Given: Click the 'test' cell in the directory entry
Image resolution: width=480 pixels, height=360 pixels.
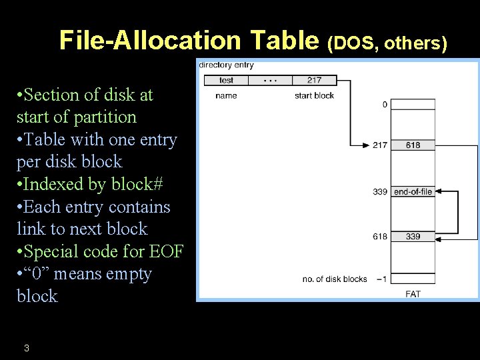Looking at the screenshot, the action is [x=226, y=81].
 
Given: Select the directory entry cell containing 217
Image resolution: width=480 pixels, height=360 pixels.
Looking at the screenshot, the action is [x=314, y=81].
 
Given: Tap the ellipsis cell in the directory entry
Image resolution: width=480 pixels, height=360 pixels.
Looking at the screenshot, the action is [x=270, y=81].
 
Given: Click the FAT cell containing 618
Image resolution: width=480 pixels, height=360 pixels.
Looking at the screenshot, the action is [x=413, y=145].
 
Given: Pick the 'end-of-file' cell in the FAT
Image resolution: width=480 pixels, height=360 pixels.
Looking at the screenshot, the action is [x=413, y=192].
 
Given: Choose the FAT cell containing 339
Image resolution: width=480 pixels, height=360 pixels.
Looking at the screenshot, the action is [x=413, y=237].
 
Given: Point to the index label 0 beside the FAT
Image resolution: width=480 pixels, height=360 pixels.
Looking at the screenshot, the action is [x=385, y=105].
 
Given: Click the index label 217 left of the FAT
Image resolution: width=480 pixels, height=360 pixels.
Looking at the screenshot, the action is [x=380, y=145].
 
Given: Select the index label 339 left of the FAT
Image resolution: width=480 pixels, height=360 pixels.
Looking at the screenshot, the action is [x=380, y=192].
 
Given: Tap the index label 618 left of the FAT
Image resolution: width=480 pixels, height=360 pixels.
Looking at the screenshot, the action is [x=380, y=237].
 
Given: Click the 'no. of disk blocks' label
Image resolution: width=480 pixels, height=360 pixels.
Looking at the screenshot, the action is [x=335, y=279].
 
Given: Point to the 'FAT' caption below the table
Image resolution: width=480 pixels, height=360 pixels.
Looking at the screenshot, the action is [x=413, y=294].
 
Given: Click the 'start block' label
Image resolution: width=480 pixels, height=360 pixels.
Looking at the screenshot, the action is [x=314, y=96].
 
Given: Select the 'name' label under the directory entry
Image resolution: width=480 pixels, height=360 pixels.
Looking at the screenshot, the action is [x=226, y=96].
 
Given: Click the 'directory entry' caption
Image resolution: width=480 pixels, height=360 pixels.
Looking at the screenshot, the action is [x=226, y=65].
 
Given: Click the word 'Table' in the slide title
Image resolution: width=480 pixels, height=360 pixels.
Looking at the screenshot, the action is [x=284, y=40].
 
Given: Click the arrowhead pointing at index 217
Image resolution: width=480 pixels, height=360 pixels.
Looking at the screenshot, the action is [x=366, y=145].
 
